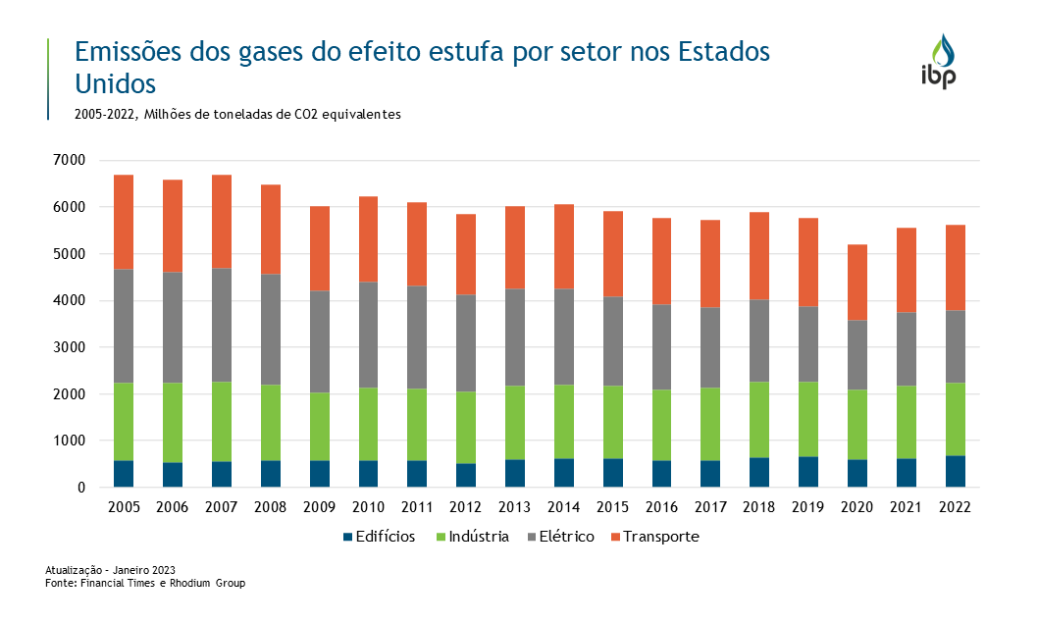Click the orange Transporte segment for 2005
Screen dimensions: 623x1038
click(x=124, y=222)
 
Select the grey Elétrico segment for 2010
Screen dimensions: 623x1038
click(x=368, y=335)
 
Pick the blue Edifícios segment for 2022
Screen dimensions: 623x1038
click(x=955, y=471)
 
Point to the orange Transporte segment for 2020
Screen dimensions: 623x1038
click(x=856, y=282)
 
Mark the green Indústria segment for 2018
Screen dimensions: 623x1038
click(x=759, y=419)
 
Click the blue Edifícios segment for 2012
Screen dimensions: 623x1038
click(x=466, y=475)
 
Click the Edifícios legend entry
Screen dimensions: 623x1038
click(x=378, y=537)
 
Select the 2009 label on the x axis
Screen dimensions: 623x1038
click(x=319, y=507)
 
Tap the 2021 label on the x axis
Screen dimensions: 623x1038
click(x=906, y=507)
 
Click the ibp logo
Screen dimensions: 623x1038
click(x=938, y=62)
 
